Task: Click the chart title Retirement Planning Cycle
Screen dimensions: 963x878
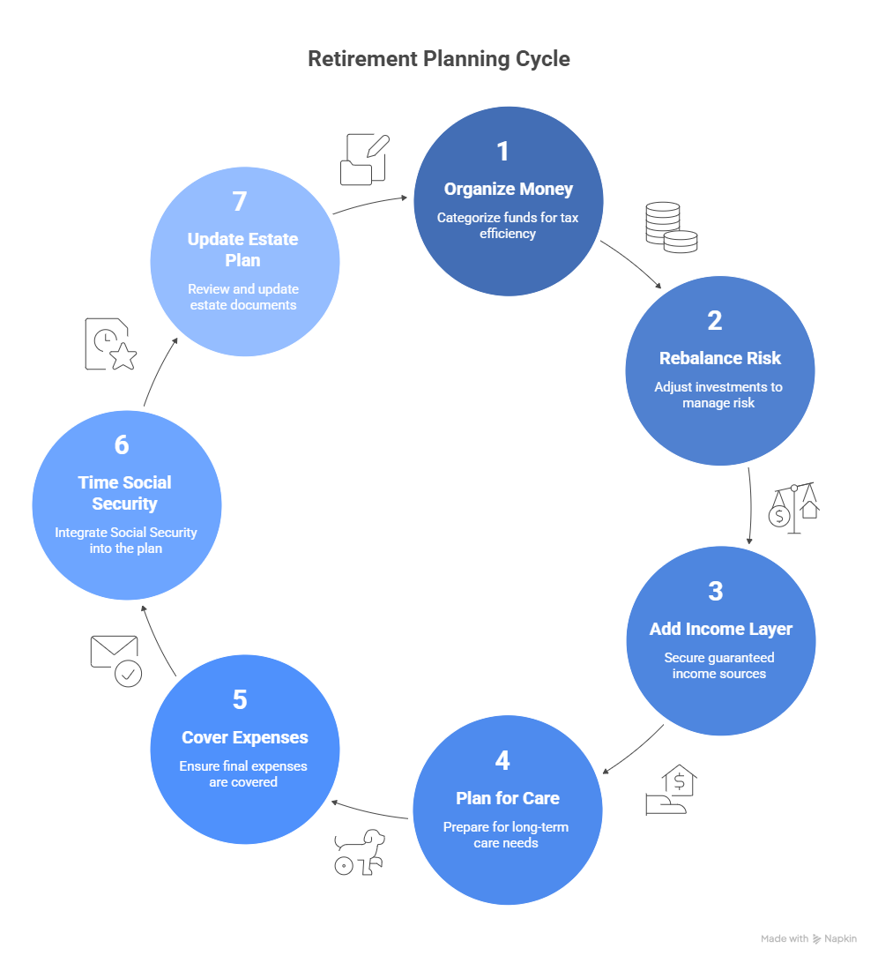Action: coord(438,59)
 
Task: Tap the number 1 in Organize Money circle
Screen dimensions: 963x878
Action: coord(502,152)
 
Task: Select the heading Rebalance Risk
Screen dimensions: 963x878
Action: coord(719,358)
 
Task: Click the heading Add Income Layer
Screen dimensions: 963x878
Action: coord(720,629)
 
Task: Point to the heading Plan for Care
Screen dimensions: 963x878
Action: coord(507,798)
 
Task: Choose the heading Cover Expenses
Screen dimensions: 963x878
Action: coord(244,737)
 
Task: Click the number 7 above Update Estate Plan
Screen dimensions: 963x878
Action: coord(239,202)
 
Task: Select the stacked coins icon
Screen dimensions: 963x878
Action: coord(670,228)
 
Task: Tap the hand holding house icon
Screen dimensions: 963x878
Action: coord(670,790)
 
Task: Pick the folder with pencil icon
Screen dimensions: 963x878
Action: coord(364,160)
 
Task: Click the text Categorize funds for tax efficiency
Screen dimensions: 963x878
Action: coord(508,226)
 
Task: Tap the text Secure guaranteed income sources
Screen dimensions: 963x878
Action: coord(718,666)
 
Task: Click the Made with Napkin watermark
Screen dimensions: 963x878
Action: coord(807,939)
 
